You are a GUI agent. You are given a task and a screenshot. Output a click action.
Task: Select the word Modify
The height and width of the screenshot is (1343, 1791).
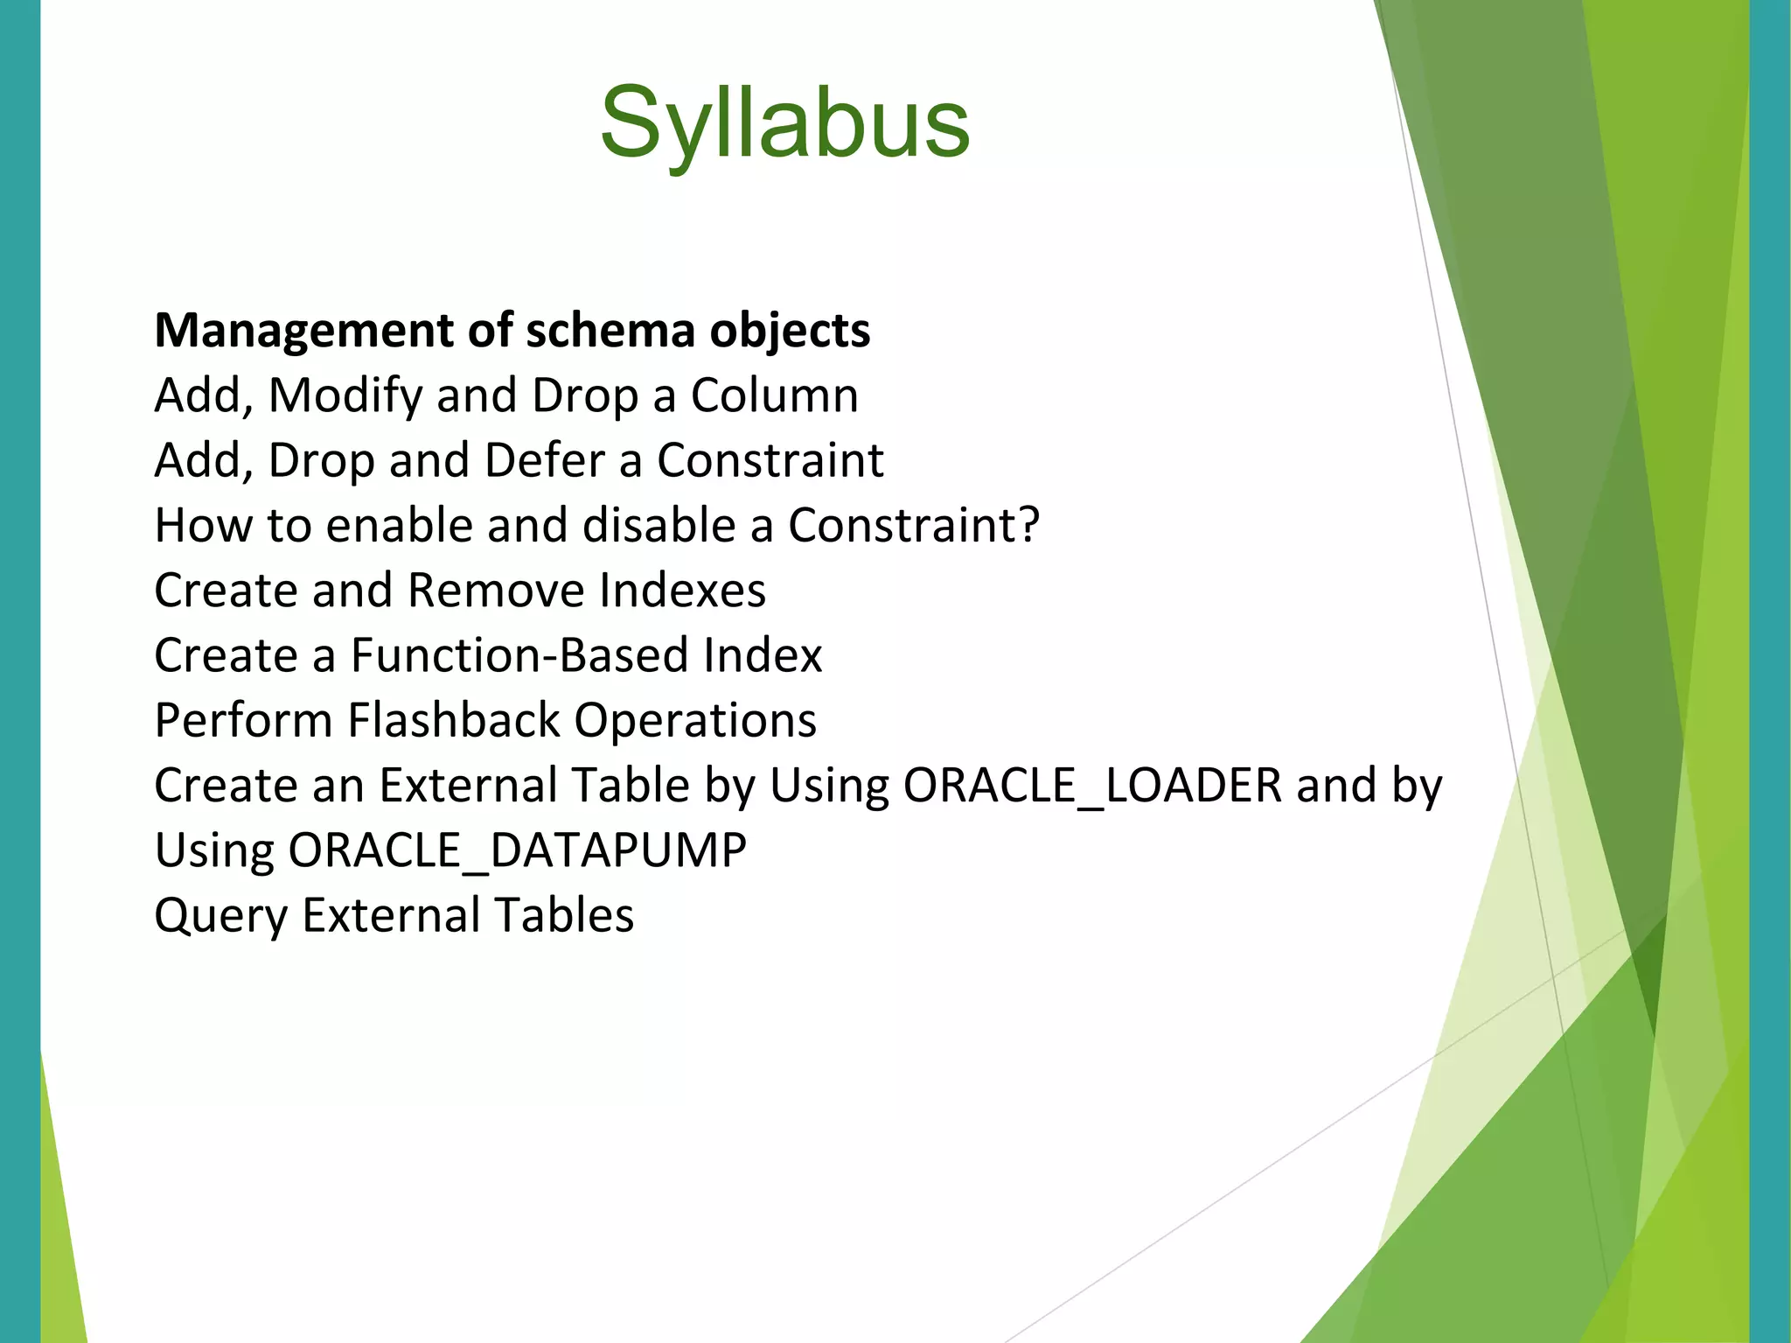tap(345, 395)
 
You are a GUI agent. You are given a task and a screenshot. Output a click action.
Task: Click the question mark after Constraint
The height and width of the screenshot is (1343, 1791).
tap(1028, 525)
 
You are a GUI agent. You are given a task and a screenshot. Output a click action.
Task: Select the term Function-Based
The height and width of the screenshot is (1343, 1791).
tap(519, 655)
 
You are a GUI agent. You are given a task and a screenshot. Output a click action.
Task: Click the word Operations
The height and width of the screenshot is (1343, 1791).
tap(695, 720)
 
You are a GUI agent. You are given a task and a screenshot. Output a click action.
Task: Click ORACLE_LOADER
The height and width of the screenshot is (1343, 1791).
tap(1092, 785)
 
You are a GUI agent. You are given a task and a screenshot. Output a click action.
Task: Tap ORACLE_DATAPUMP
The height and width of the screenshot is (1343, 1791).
tap(517, 850)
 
